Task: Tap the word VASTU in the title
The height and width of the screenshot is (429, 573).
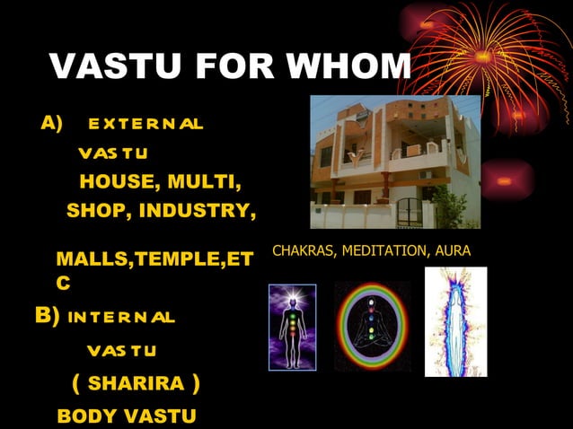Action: pos(102,67)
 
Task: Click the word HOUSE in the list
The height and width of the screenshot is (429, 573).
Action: pos(113,182)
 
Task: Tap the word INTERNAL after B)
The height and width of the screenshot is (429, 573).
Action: pos(122,317)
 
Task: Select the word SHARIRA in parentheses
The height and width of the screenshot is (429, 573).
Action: pos(136,384)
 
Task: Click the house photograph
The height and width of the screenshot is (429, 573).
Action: pos(395,162)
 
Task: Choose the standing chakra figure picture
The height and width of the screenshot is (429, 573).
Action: pos(292,327)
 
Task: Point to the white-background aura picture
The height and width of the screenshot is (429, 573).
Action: pos(455,321)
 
